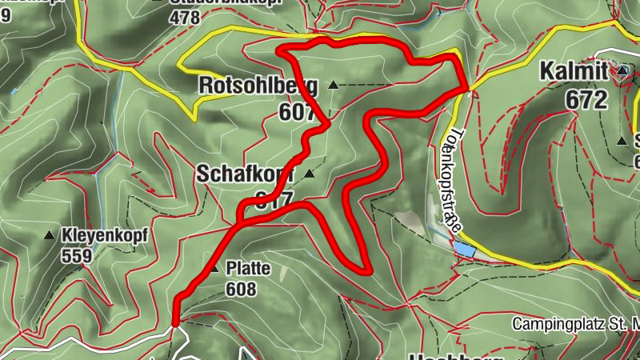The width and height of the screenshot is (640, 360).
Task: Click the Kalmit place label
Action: pos(574,71)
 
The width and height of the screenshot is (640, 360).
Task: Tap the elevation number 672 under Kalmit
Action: pos(586,99)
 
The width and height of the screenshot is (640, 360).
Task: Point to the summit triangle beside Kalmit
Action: pos(622,71)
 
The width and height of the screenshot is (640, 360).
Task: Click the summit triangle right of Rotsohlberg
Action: pos(332,85)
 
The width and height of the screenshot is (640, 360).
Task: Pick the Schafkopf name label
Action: pos(245,174)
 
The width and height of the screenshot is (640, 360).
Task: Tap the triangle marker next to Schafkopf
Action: pos(309,173)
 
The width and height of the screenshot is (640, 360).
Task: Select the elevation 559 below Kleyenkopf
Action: pos(78,256)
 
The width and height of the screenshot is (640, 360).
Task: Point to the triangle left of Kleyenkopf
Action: pos(49,236)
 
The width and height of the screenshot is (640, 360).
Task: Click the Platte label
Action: pos(247,269)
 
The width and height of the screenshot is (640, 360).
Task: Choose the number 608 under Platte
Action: pos(240,289)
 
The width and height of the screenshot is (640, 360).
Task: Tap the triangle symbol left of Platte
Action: pos(214,269)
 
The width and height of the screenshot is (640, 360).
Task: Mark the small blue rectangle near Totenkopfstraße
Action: pos(465,250)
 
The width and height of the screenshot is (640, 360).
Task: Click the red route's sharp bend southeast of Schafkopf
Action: pos(367,270)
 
